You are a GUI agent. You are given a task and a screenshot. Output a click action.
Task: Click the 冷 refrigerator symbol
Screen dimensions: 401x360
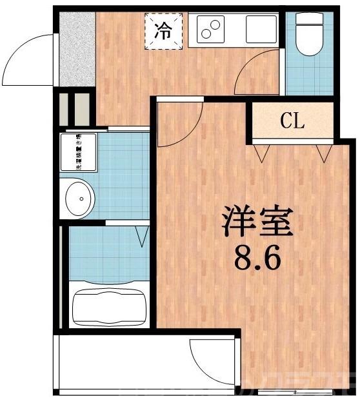(165, 30)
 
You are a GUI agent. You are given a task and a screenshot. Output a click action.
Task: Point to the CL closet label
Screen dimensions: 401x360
(292, 121)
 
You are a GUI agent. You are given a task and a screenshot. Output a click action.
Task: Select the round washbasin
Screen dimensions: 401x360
(77, 197)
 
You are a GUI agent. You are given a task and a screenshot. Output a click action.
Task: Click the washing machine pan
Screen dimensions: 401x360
(78, 152)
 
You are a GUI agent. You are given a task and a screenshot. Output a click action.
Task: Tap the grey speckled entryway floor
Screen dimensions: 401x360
(77, 48)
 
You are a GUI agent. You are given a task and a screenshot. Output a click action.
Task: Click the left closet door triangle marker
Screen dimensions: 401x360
(262, 153)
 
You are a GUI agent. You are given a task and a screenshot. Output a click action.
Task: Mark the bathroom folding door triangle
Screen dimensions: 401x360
(141, 236)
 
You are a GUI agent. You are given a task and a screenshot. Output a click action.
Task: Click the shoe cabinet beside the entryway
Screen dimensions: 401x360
(74, 110)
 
